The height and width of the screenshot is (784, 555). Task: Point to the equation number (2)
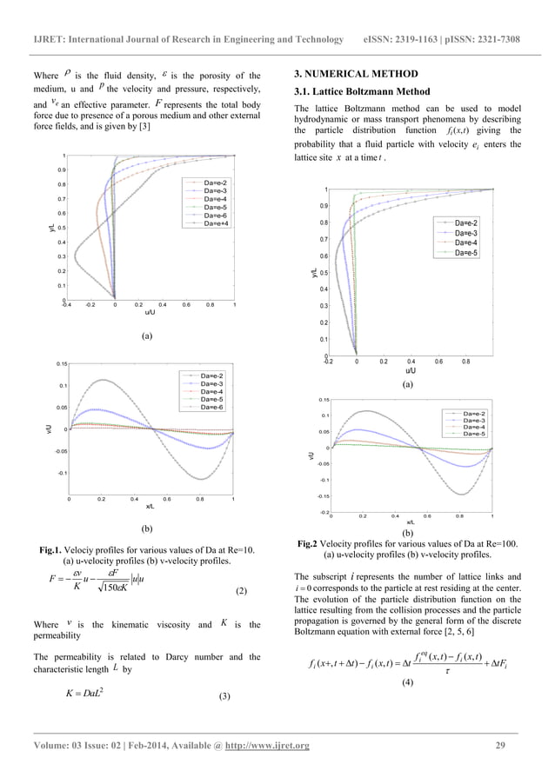click(243, 591)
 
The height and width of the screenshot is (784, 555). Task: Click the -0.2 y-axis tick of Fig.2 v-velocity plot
click(322, 512)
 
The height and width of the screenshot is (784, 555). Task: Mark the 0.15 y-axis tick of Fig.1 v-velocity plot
click(61, 363)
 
